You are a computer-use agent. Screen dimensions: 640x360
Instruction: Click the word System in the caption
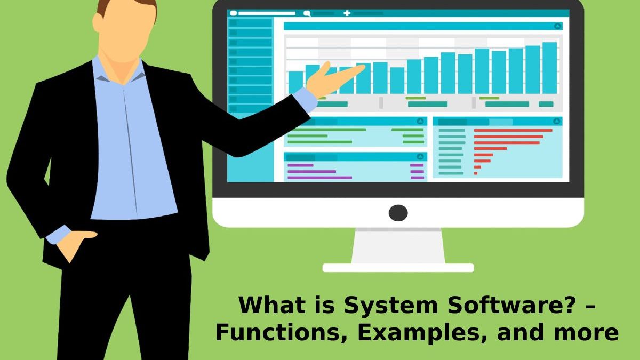click(390, 306)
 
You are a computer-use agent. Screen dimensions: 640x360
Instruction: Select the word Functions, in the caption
click(282, 332)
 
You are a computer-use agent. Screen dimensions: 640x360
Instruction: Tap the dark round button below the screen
click(398, 213)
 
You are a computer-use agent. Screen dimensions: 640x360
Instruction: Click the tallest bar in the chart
click(549, 68)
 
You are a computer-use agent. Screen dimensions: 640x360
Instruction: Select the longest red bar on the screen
click(513, 130)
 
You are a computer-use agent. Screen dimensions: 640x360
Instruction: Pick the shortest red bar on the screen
click(475, 173)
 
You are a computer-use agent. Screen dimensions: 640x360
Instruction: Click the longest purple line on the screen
click(319, 178)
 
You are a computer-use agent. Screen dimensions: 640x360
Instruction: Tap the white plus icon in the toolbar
click(347, 13)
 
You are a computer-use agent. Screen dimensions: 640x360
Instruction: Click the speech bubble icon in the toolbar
click(307, 13)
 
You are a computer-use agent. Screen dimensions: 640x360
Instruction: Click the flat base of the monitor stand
click(398, 268)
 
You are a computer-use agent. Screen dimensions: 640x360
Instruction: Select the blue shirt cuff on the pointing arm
click(305, 100)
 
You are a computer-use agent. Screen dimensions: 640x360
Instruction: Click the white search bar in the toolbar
click(267, 13)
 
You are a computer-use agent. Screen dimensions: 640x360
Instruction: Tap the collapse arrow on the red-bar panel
click(557, 122)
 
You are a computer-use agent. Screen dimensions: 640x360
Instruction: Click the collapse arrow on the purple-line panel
click(420, 157)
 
